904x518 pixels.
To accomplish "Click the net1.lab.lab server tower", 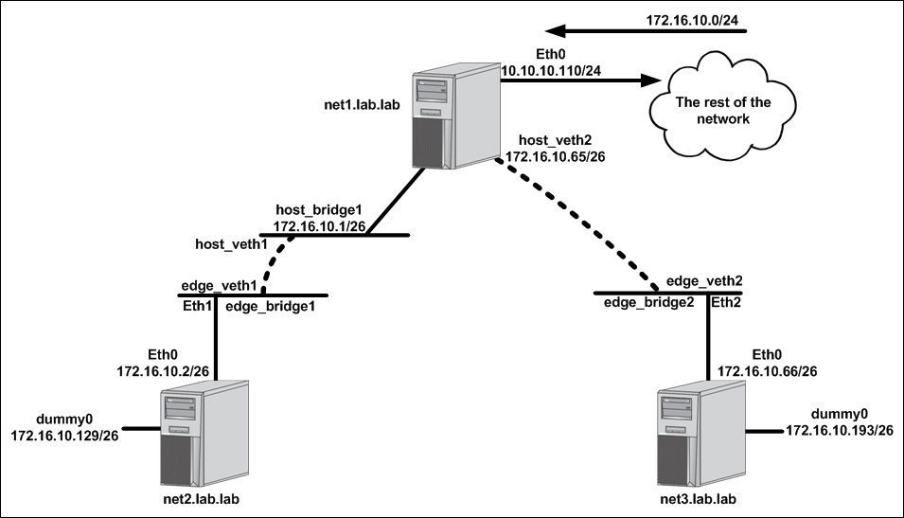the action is click(456, 116).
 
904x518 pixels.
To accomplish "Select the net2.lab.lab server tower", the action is click(204, 433).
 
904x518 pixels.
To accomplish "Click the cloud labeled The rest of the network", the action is click(723, 106).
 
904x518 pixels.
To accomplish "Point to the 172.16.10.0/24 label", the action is click(692, 20).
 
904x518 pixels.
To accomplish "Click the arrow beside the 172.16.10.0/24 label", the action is click(647, 30).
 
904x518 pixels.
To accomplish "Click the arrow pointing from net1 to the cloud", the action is click(580, 80).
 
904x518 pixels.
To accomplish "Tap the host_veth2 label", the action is click(556, 140).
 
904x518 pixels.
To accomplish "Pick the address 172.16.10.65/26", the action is click(556, 156).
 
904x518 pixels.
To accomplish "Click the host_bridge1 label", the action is click(319, 209).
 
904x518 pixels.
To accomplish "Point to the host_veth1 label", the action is click(231, 244).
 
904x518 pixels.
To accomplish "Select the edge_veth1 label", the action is click(219, 286).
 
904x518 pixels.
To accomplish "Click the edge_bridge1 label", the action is click(271, 306).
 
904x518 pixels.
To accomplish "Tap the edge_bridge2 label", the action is click(649, 302).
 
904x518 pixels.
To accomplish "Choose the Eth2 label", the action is click(726, 302).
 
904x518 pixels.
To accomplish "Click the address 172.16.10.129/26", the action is click(64, 436).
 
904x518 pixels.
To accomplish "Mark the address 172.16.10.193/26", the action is click(840, 430).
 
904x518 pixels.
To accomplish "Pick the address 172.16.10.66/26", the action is click(768, 371).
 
